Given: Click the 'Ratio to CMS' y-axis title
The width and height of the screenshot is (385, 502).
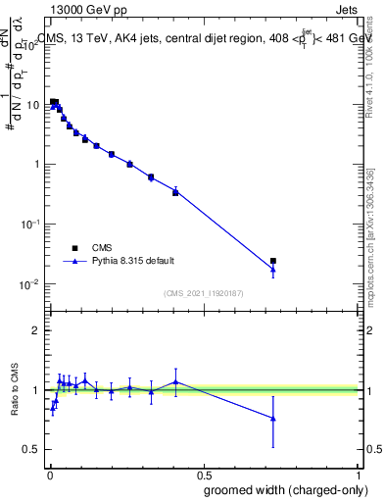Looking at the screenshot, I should [16, 390].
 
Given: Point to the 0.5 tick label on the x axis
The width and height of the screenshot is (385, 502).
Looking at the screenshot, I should [204, 474].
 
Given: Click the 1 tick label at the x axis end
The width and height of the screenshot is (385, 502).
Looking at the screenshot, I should [360, 474].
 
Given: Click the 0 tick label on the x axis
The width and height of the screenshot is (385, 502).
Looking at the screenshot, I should [49, 474].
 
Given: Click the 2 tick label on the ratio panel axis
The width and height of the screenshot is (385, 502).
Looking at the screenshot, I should [34, 330].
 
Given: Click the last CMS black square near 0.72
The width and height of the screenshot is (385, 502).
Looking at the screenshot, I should [273, 261].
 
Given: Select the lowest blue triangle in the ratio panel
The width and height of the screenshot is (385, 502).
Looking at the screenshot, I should [273, 419].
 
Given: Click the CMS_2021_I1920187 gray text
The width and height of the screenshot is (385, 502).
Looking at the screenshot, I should [204, 292].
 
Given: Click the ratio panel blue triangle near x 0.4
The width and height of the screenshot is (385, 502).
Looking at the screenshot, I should [175, 381].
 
